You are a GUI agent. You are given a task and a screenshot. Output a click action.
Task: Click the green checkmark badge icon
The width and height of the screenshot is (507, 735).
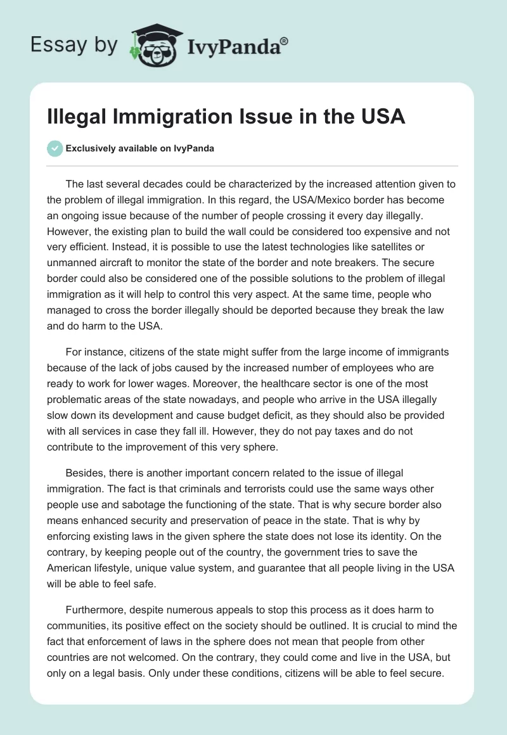pyautogui.click(x=55, y=149)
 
